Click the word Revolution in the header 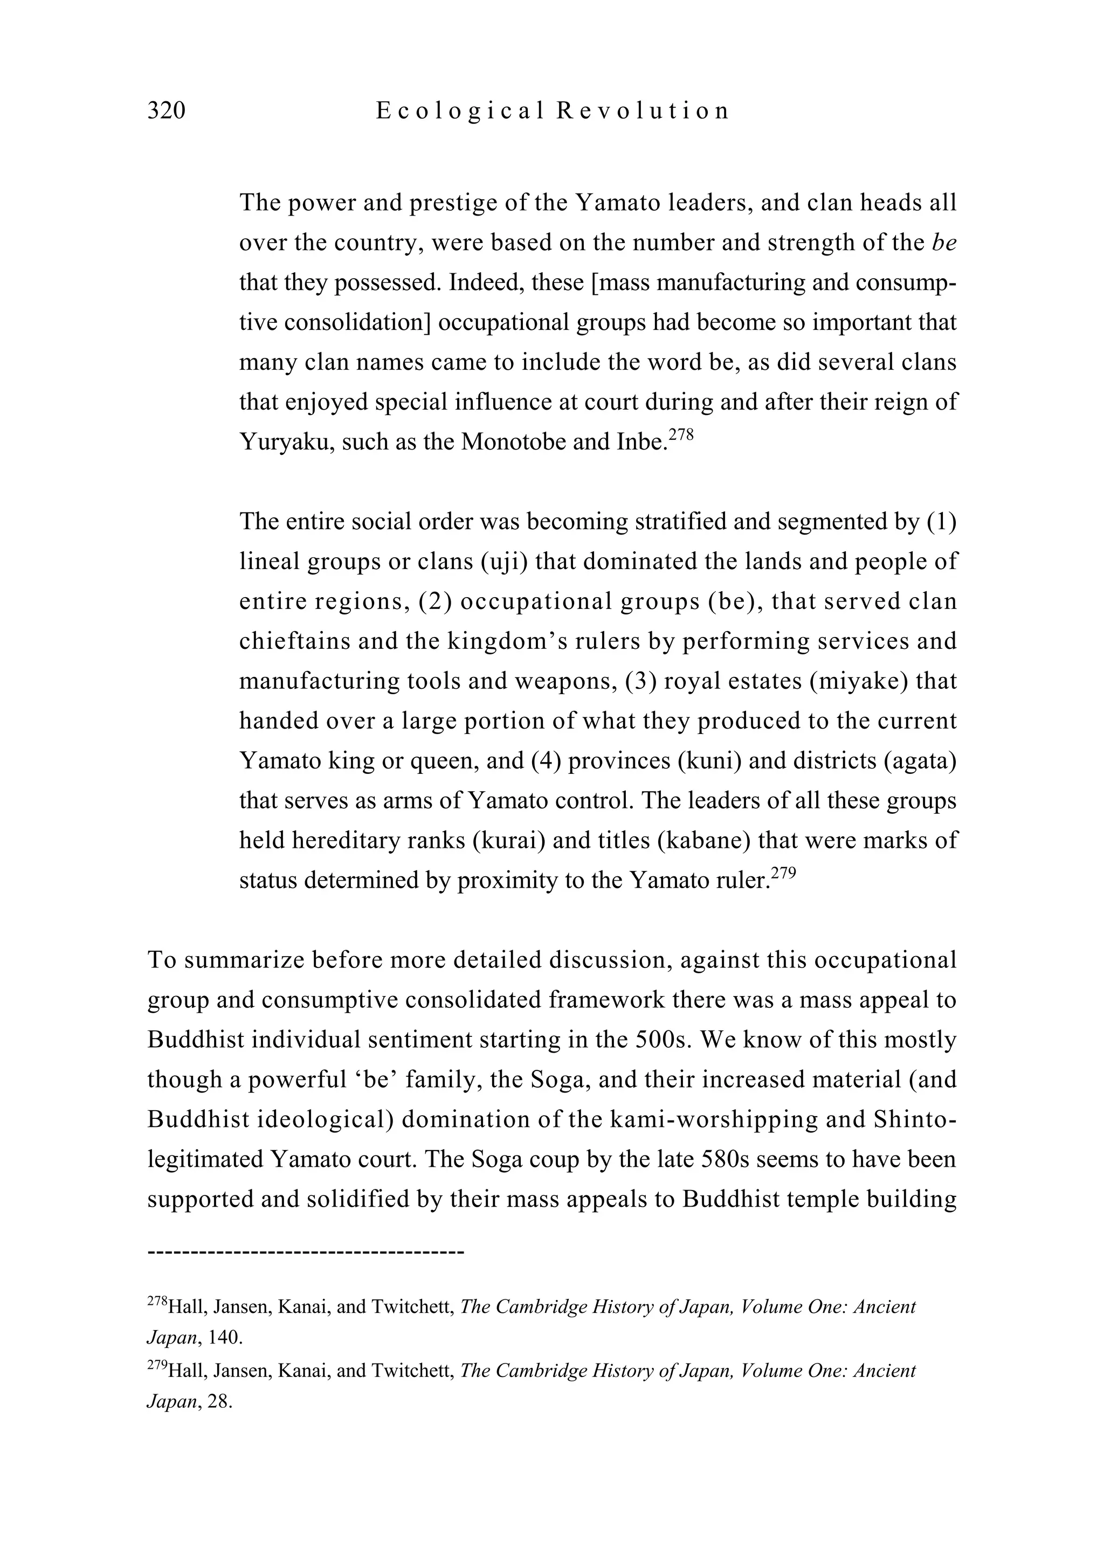click(642, 110)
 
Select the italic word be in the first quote click(944, 243)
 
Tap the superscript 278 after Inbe click(681, 433)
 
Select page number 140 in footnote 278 click(225, 1337)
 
